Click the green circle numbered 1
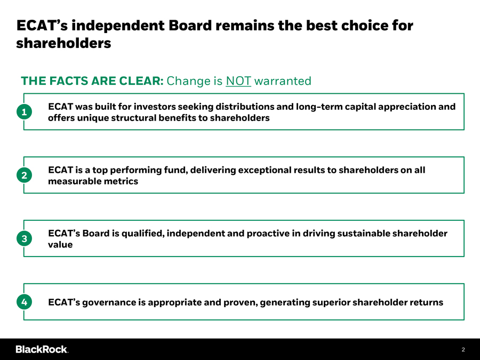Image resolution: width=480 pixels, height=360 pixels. coord(24,112)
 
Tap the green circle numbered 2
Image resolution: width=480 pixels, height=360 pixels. coord(24,175)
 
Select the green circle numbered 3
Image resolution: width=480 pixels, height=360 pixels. coord(24,238)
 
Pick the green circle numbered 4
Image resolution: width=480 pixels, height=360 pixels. coord(24,302)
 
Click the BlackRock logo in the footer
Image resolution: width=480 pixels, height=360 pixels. coord(42,349)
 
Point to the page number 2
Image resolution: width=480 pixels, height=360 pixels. coord(463,349)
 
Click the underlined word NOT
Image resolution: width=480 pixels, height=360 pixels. coord(238,81)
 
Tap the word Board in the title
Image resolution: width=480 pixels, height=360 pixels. coord(190,26)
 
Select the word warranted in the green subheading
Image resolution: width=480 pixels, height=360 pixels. coord(283,81)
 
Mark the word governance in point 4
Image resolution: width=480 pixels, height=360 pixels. coord(109,302)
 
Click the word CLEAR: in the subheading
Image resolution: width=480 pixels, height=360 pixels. coord(141,81)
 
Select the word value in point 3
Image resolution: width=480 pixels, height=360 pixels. coord(60,245)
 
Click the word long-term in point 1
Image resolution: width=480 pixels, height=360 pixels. coord(319,107)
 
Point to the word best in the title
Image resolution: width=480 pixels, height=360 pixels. coord(322,26)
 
